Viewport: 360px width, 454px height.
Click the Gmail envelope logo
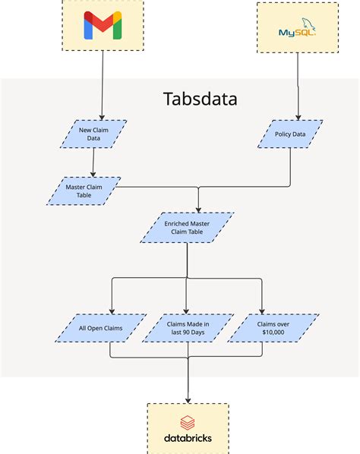click(102, 28)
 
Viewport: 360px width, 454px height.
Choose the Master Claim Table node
click(84, 191)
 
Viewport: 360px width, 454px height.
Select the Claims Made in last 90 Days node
click(188, 328)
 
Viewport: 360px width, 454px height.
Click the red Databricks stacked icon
click(188, 423)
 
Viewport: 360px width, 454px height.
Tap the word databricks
click(188, 438)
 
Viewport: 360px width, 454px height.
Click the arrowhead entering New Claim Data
click(102, 116)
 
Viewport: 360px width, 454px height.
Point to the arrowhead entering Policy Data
click(297, 117)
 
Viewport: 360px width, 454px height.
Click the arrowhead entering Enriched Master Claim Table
click(198, 210)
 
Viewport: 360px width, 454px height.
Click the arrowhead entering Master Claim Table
click(93, 174)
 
